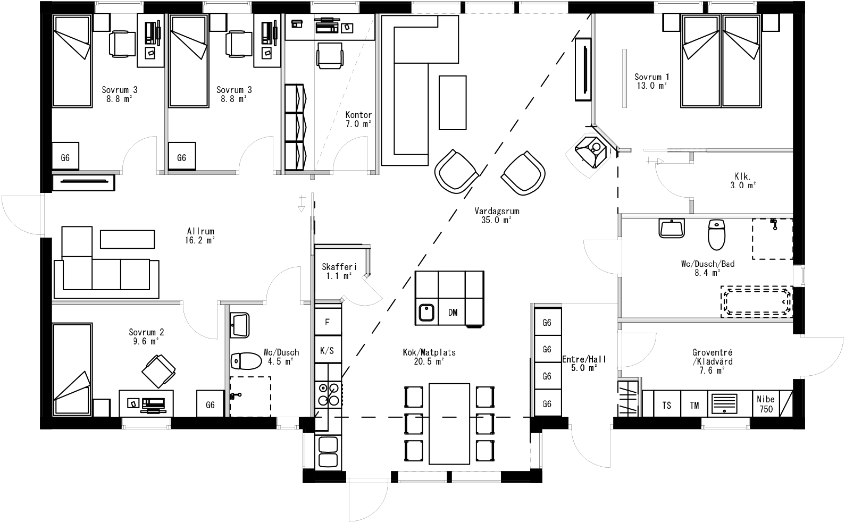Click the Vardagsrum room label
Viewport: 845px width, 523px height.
point(496,215)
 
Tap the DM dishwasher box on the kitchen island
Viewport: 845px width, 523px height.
point(453,313)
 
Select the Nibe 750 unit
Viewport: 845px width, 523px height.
point(766,404)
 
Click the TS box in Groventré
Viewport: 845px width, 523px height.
point(666,405)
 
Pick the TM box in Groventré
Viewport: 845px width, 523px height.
point(695,405)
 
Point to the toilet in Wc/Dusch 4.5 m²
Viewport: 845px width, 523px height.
point(245,361)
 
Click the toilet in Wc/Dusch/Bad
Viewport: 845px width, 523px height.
point(716,234)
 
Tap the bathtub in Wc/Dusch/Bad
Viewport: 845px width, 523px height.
point(756,302)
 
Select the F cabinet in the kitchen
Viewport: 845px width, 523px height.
point(328,322)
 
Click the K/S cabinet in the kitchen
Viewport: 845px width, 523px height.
point(328,350)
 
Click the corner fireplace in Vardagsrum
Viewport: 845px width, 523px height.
point(592,149)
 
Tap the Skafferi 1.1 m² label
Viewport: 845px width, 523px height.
point(339,271)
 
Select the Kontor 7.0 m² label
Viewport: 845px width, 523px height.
point(358,119)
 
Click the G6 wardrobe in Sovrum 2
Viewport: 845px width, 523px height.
point(210,404)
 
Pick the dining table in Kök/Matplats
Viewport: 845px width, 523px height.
point(449,423)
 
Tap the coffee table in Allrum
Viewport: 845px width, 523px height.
point(127,239)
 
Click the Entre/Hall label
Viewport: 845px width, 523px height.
point(584,363)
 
